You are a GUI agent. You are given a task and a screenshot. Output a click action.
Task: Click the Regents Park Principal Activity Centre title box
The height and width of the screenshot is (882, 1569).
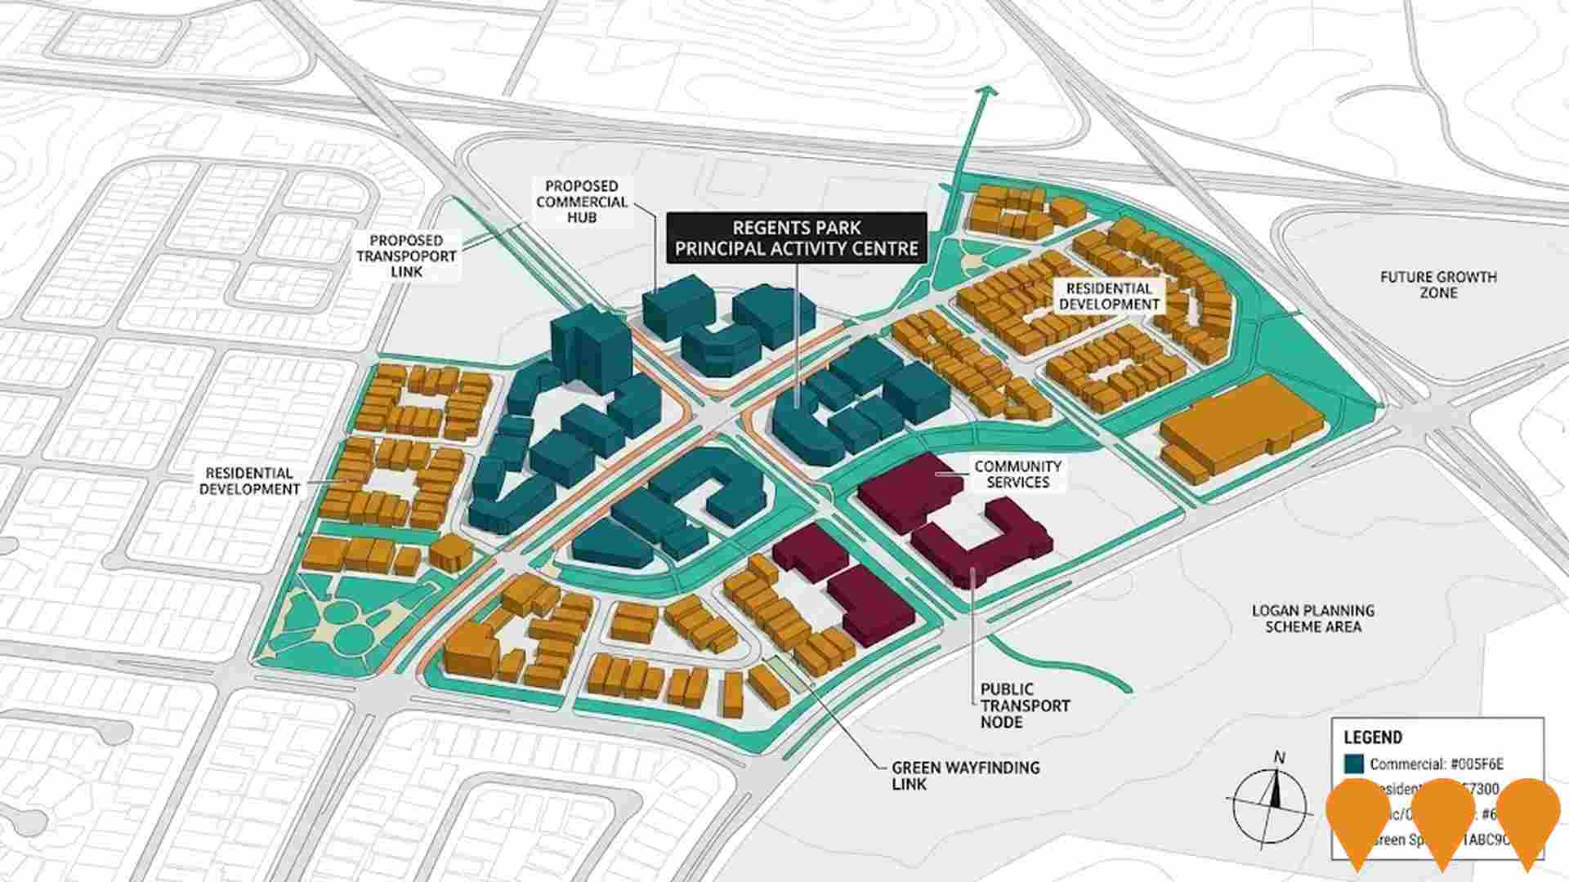[x=797, y=238]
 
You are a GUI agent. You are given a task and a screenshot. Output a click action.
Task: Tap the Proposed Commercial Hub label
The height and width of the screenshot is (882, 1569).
[x=582, y=202]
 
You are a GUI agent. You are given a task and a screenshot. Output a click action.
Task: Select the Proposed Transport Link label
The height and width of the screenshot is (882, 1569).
[x=406, y=256]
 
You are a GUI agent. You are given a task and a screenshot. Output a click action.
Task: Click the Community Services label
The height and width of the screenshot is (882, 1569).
[x=1017, y=474]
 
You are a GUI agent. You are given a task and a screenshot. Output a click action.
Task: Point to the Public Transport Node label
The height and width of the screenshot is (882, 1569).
[x=1025, y=705]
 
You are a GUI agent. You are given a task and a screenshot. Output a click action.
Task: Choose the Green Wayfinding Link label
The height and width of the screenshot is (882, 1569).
[x=965, y=775]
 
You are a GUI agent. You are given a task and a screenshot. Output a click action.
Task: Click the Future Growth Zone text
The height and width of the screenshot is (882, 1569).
[x=1438, y=284]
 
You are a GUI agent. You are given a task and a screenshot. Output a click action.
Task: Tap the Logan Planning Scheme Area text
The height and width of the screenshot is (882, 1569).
[x=1312, y=618]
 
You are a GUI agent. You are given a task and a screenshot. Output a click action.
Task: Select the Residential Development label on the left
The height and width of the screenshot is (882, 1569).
[x=249, y=481]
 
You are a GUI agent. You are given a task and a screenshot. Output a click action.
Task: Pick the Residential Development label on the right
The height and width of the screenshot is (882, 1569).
[x=1109, y=296]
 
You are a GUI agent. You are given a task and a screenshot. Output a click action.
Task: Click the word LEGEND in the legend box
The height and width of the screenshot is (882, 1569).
[x=1373, y=737]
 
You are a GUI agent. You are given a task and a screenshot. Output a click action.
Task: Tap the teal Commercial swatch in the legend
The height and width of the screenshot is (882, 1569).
[x=1353, y=764]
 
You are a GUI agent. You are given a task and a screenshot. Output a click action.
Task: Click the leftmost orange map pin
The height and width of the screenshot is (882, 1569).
[x=1358, y=817]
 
